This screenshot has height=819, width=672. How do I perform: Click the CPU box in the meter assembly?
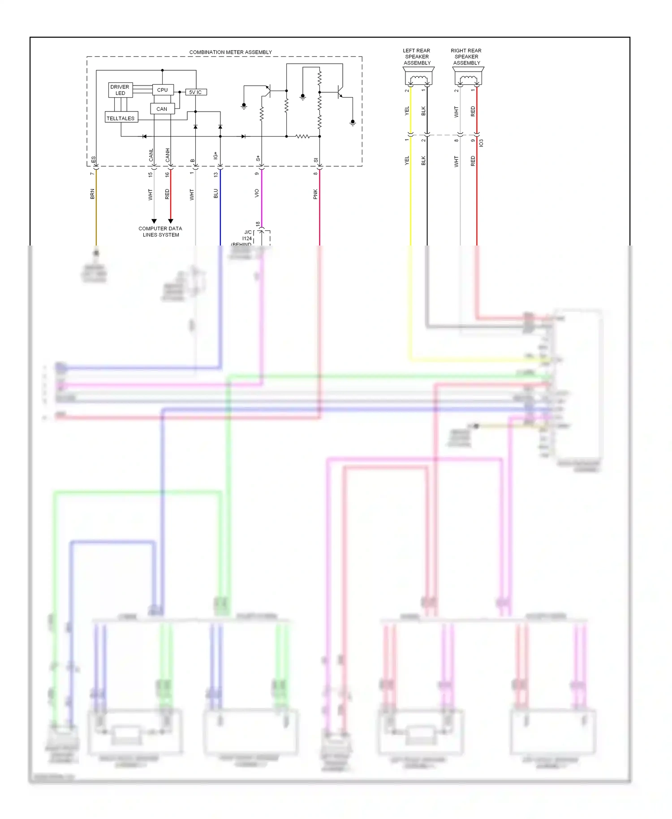click(x=163, y=90)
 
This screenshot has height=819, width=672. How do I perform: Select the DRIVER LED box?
click(x=120, y=90)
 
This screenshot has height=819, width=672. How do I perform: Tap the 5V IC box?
click(x=196, y=92)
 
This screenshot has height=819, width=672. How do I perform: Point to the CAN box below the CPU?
click(x=162, y=109)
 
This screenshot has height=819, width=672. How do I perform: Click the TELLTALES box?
click(x=121, y=118)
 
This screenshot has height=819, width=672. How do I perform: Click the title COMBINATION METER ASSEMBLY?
click(x=230, y=52)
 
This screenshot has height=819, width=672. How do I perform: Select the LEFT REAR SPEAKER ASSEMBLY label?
click(x=417, y=57)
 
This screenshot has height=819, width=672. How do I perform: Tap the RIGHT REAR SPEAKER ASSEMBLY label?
click(x=466, y=57)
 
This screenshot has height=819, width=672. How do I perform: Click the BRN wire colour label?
click(x=92, y=194)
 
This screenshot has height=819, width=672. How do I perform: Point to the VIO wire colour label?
click(x=257, y=193)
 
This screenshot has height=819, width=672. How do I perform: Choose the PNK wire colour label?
click(x=315, y=194)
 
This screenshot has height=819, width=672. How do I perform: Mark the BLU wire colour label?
click(x=215, y=193)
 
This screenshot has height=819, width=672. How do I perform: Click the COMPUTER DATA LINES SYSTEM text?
click(x=160, y=232)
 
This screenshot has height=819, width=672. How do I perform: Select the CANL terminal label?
click(x=151, y=155)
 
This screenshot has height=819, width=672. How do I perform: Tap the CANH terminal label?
click(x=168, y=155)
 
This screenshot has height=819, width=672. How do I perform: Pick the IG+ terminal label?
click(x=215, y=155)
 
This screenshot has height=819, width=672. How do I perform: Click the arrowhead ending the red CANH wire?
click(x=171, y=221)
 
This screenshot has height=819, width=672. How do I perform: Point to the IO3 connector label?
click(x=482, y=143)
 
